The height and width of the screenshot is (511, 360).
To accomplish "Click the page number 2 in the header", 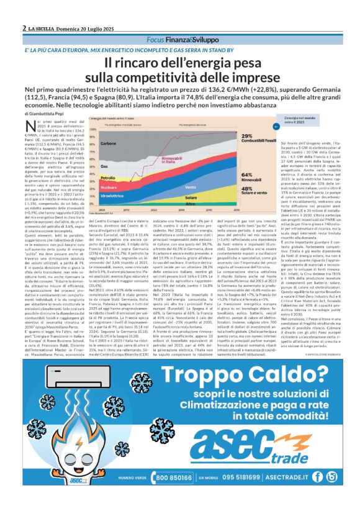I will coord(24,29).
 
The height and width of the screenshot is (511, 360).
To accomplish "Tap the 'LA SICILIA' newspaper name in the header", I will coord(43,29).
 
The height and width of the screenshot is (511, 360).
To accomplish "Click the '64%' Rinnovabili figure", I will coord(229,176).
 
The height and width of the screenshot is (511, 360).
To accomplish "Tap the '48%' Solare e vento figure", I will coord(229,188).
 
